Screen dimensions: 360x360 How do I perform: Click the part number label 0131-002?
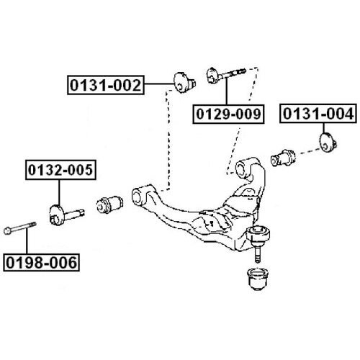(x=106, y=85)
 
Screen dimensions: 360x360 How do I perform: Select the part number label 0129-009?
(x=228, y=114)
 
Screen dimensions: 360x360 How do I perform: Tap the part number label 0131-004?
(x=318, y=114)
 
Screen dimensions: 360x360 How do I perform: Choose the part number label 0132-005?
(x=60, y=170)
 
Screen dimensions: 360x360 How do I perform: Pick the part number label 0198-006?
(x=41, y=262)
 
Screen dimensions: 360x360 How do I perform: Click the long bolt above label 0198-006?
(x=20, y=228)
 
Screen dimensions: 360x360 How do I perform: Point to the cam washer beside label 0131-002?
(x=184, y=82)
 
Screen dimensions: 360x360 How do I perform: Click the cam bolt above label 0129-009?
(x=226, y=74)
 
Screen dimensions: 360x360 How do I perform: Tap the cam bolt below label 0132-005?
(x=66, y=214)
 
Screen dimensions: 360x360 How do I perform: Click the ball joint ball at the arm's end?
(x=258, y=233)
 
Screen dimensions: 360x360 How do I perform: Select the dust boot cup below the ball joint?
(x=258, y=279)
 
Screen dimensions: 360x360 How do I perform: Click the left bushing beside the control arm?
(x=109, y=204)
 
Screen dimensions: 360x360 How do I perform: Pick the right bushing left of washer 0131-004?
(x=283, y=158)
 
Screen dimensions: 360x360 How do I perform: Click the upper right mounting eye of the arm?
(x=241, y=168)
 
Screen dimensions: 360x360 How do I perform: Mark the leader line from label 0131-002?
(x=159, y=84)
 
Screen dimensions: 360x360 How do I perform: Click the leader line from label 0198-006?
(x=27, y=240)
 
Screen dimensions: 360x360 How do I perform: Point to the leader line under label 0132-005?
(x=59, y=192)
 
